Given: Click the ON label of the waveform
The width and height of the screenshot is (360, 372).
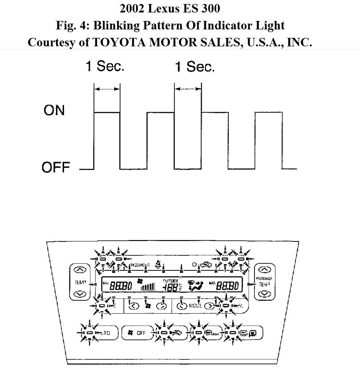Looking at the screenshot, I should pyautogui.click(x=54, y=110).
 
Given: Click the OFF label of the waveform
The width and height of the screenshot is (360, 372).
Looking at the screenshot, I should pyautogui.click(x=56, y=168).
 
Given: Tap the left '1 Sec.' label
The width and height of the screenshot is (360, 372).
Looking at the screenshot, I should pyautogui.click(x=105, y=66).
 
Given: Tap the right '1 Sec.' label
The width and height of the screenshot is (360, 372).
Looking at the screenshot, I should pyautogui.click(x=194, y=67).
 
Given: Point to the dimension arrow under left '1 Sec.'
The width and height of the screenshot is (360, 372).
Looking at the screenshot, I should pyautogui.click(x=107, y=89).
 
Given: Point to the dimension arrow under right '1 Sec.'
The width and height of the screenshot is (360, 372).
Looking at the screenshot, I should pyautogui.click(x=188, y=89).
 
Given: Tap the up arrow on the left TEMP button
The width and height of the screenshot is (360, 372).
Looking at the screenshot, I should pyautogui.click(x=80, y=270).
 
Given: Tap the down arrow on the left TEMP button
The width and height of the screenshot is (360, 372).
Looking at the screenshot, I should pyautogui.click(x=80, y=294).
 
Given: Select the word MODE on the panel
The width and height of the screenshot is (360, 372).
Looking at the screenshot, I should pyautogui.click(x=195, y=306).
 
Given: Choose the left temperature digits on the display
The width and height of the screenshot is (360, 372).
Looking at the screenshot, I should pyautogui.click(x=121, y=286).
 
